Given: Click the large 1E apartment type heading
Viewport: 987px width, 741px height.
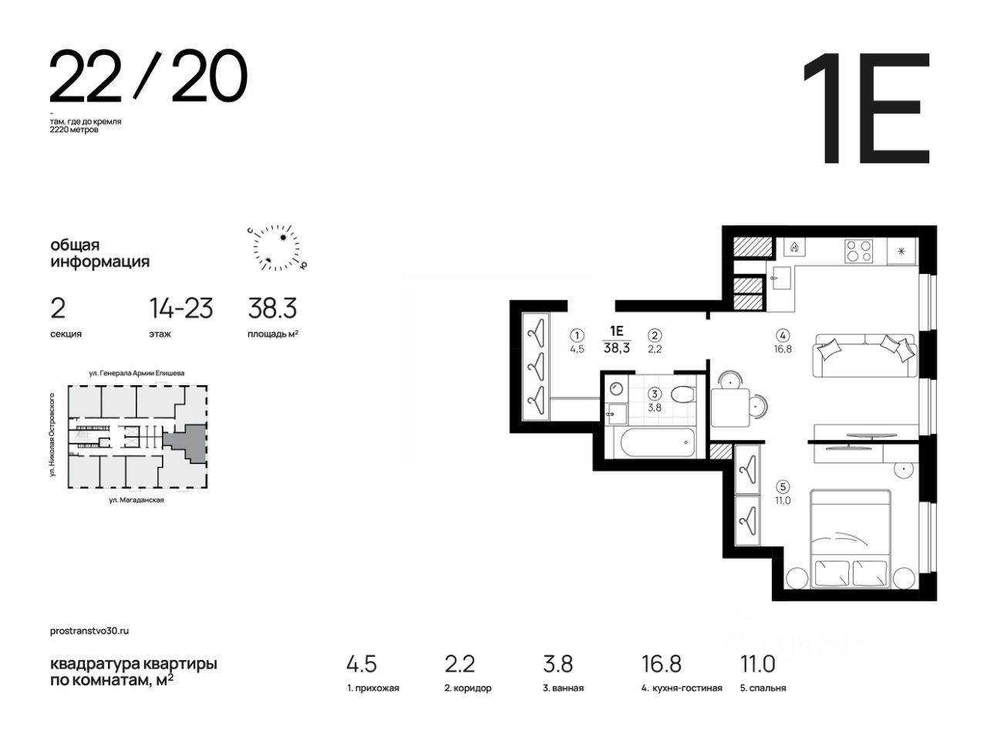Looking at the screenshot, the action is pyautogui.click(x=866, y=108).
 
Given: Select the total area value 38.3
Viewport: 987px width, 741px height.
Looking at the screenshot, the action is pyautogui.click(x=272, y=308).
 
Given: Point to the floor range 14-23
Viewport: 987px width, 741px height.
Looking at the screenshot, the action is pyautogui.click(x=180, y=308).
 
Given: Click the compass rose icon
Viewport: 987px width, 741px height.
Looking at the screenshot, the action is pyautogui.click(x=277, y=248).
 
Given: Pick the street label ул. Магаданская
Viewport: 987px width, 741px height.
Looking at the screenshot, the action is pyautogui.click(x=136, y=500).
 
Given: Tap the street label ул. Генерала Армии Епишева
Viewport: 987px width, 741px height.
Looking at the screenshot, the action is pyautogui.click(x=136, y=373).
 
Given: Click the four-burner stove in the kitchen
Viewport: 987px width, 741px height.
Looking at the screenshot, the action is pyautogui.click(x=859, y=251).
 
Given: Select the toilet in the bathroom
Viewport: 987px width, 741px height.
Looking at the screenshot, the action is pyautogui.click(x=683, y=394).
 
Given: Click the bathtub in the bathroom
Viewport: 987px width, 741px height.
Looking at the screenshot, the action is pyautogui.click(x=657, y=442).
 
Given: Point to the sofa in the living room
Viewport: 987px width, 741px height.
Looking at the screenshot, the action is pyautogui.click(x=864, y=355).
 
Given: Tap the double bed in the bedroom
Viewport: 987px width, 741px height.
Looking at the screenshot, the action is pyautogui.click(x=851, y=539).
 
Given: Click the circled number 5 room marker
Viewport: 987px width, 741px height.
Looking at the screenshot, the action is pyautogui.click(x=783, y=486).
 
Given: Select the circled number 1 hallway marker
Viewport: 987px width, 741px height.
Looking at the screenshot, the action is pyautogui.click(x=577, y=335).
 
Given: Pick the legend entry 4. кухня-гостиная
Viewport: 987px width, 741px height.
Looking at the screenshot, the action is pyautogui.click(x=682, y=688).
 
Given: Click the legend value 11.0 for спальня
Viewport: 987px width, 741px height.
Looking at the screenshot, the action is pyautogui.click(x=758, y=664).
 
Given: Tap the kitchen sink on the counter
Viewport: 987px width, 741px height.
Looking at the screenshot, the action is pyautogui.click(x=781, y=278).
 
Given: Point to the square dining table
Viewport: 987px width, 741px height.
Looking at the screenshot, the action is pyautogui.click(x=730, y=408).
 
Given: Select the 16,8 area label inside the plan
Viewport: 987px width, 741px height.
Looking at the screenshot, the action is pyautogui.click(x=783, y=349).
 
